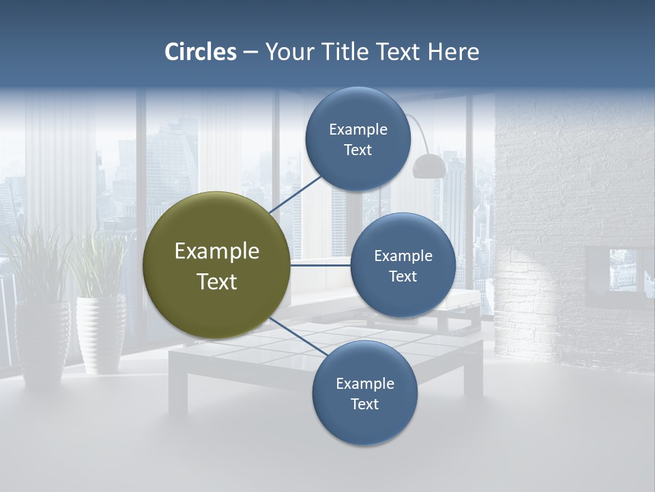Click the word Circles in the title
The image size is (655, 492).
coord(201,52)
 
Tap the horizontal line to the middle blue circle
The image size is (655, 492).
coord(321,265)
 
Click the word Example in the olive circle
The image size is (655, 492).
coord(217,251)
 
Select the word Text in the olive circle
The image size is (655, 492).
coord(217,282)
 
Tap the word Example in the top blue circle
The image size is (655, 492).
coord(358,130)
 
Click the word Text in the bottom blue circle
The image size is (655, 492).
coord(364,404)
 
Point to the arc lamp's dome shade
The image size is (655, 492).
coord(429,165)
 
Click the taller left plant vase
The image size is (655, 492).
coord(42,338)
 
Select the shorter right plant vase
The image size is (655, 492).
coord(101,333)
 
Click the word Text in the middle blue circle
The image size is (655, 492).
coord(403,276)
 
